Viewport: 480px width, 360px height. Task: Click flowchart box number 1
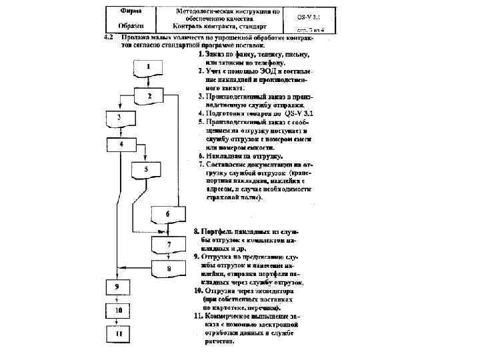[149, 67]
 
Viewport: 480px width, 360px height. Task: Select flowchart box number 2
[149, 97]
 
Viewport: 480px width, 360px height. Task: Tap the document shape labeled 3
[119, 119]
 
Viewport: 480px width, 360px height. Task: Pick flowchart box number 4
[121, 144]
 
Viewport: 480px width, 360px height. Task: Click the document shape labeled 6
[167, 214]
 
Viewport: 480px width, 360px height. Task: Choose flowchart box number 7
[168, 245]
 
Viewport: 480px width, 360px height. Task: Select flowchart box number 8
[168, 269]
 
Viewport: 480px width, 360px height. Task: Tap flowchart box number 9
[117, 287]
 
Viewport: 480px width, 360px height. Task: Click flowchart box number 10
[118, 311]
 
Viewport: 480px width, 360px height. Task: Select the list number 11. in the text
[198, 316]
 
